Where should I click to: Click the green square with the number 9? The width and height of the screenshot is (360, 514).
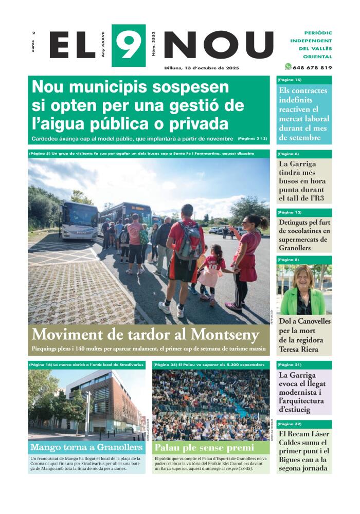coord(128,45)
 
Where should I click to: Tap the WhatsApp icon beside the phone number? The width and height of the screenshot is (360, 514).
coord(288,66)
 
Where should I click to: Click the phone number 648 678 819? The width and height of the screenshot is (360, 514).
coord(312,67)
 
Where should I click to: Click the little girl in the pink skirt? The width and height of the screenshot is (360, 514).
coord(211,272)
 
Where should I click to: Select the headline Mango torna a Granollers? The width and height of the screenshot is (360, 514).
coord(86,447)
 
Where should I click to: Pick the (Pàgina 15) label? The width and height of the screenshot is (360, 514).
coord(290,80)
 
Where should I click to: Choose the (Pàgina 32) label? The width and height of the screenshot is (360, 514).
coord(290,424)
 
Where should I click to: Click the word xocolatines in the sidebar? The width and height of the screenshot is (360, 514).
coord(303,231)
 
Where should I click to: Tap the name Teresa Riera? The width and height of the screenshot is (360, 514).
coord(299,350)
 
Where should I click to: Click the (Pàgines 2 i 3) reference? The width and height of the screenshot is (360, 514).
coord(253,139)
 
